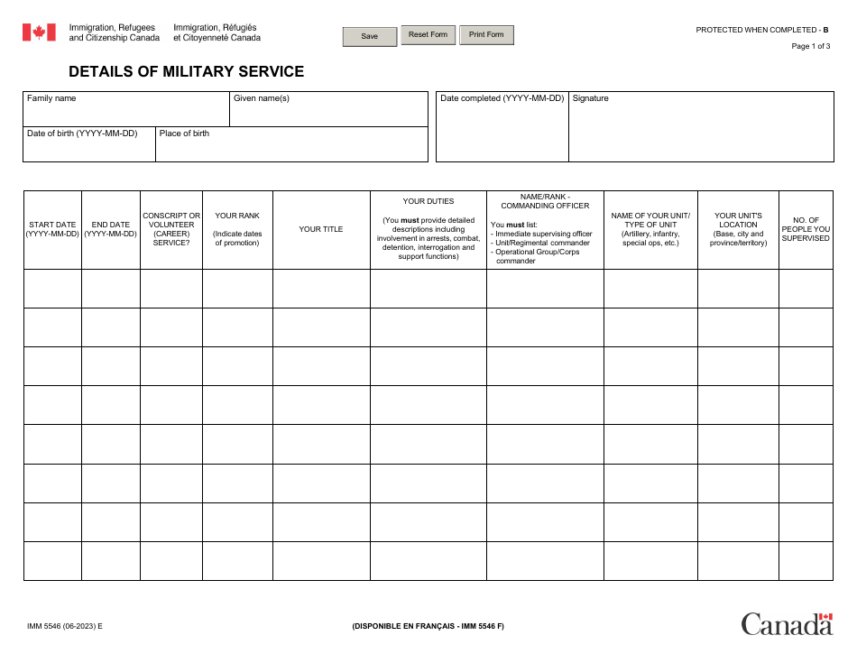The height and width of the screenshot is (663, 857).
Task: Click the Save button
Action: click(x=370, y=36)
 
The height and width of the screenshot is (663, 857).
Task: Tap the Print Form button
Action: click(x=486, y=35)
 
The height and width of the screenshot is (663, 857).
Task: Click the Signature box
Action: click(x=700, y=132)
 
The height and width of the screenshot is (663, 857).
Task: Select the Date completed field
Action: click(x=502, y=132)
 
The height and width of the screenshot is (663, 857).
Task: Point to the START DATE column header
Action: click(x=52, y=229)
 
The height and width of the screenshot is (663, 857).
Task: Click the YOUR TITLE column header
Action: click(x=321, y=229)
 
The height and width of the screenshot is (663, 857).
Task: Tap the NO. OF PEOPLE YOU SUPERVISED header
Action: click(x=806, y=229)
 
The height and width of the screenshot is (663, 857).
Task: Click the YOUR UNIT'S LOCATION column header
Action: click(x=738, y=229)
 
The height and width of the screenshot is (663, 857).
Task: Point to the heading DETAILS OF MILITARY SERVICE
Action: click(x=187, y=72)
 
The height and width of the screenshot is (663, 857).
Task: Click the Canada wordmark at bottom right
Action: click(x=787, y=623)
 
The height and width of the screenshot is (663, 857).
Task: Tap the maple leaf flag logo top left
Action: click(x=39, y=32)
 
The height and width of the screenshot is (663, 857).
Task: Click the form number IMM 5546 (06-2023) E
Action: click(x=65, y=625)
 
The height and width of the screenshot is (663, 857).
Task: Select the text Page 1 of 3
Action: click(x=810, y=47)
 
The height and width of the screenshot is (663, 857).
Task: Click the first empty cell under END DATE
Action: click(x=111, y=289)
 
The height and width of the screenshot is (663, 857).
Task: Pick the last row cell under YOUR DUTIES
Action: click(x=428, y=560)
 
